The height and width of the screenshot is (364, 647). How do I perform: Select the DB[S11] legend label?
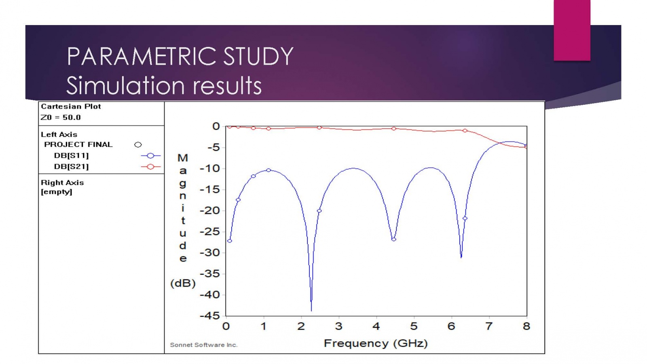(72, 156)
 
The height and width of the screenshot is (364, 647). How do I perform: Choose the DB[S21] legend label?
(72, 167)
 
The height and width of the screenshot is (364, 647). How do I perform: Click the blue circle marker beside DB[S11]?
(150, 156)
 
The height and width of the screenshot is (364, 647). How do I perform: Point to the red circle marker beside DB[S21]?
(150, 167)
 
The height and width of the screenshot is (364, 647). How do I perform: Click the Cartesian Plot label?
(71, 106)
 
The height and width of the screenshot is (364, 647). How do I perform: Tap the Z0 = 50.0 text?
(61, 118)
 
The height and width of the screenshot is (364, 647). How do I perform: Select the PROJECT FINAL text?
(78, 144)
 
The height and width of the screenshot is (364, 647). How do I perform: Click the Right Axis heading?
(62, 182)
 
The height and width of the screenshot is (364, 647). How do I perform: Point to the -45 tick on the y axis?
(210, 316)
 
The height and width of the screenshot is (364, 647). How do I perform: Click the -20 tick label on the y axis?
(210, 210)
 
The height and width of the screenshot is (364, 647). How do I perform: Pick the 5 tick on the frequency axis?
(414, 326)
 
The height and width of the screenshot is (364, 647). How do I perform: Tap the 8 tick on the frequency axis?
(526, 326)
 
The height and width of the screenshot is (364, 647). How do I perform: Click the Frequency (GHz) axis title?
(376, 343)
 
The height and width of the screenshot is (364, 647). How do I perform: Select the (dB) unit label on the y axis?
(183, 283)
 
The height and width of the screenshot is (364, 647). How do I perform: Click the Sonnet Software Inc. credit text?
(203, 345)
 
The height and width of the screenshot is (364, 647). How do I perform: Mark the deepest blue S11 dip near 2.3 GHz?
(311, 309)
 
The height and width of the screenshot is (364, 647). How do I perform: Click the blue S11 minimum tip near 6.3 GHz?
(461, 256)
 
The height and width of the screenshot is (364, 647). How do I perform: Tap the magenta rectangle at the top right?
(572, 30)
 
